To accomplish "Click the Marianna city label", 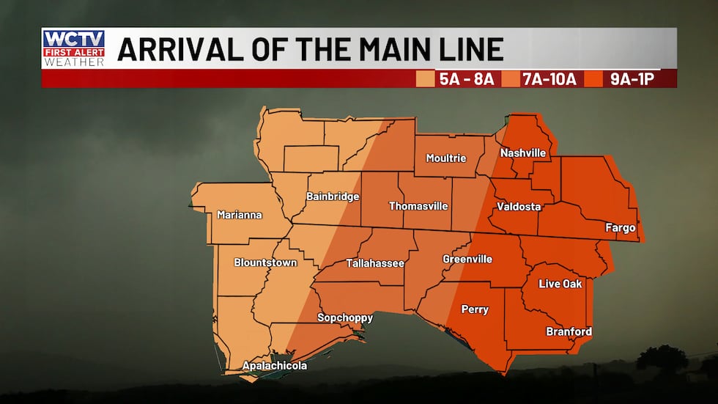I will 240,215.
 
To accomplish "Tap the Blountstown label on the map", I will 265,262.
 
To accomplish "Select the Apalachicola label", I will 275,365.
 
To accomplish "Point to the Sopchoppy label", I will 345,317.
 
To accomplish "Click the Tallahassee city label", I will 375,262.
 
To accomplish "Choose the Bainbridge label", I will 333,197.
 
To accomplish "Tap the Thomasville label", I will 418,206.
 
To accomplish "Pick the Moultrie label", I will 446,158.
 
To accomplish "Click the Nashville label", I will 523,153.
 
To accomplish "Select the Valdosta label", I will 519,207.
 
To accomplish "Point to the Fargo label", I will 620,227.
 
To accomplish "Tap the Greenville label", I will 467,259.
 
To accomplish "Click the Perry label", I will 475,309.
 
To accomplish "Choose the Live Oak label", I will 560,284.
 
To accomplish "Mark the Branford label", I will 569,331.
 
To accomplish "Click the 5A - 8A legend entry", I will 459,79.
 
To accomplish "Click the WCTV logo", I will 74,48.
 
